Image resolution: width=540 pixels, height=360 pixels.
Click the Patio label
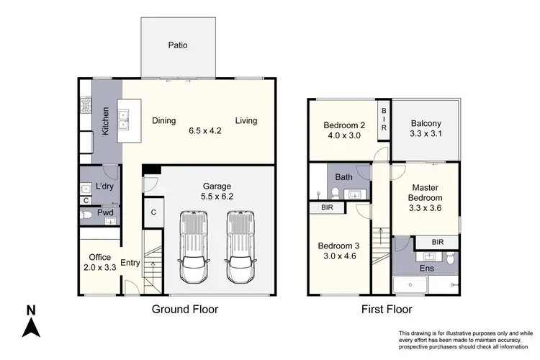pos(178,45)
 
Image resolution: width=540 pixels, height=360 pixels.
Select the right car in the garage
pos(241,246)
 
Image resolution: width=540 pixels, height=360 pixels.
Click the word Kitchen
pos(106,121)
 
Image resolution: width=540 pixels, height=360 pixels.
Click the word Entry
pos(130,263)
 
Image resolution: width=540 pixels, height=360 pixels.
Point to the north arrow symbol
pos(30,322)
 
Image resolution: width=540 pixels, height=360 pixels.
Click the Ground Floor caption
pos(184,310)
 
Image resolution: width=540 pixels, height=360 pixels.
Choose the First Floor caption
pos(387,310)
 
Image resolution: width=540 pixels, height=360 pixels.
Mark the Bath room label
pos(343,176)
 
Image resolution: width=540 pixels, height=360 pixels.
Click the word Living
pos(246,121)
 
